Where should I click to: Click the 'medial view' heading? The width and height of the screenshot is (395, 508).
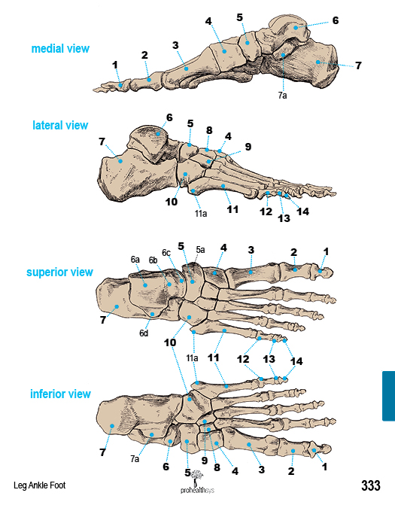[x=60, y=49]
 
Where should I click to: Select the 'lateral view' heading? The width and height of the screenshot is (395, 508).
[x=60, y=125]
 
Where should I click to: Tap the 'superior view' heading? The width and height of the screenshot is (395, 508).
[x=59, y=272]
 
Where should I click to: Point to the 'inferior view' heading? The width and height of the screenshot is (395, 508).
[x=60, y=394]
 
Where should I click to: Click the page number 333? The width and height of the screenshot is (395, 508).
[x=371, y=485]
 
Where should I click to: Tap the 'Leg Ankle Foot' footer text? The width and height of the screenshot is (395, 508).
[x=39, y=485]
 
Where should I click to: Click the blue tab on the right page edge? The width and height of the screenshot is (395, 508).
[x=388, y=396]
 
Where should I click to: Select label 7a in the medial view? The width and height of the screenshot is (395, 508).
[x=282, y=96]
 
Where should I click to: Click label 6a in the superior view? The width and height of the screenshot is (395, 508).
[x=135, y=259]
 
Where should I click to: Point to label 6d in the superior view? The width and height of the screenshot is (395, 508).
[x=144, y=333]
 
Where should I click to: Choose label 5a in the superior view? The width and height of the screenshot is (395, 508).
[x=200, y=249]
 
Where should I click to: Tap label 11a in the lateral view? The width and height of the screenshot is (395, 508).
[x=201, y=214]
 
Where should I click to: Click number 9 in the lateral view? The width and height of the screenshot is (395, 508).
[x=248, y=147]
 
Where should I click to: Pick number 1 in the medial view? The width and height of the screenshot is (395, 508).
[x=115, y=65]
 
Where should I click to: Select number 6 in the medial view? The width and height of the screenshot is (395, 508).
[x=336, y=20]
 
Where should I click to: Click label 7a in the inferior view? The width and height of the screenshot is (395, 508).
[x=135, y=458]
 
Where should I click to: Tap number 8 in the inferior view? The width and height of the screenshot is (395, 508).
[x=217, y=467]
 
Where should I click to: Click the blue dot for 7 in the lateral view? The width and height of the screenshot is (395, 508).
[x=120, y=161]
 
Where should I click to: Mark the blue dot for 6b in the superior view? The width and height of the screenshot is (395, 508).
[x=169, y=284]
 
